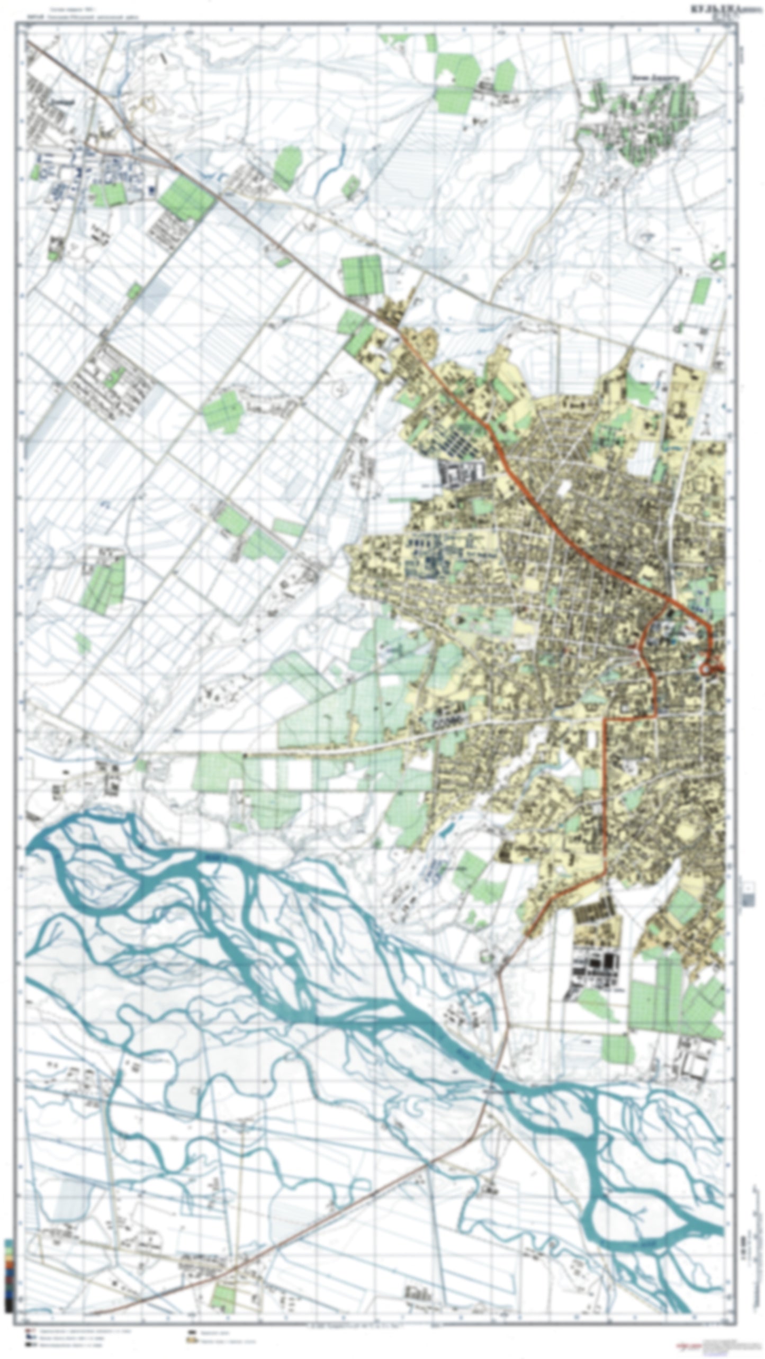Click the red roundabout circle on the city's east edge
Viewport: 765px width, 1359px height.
coord(706,669)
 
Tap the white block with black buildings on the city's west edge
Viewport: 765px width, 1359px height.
coord(462,472)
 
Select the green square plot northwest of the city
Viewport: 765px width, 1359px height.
coord(362,274)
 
